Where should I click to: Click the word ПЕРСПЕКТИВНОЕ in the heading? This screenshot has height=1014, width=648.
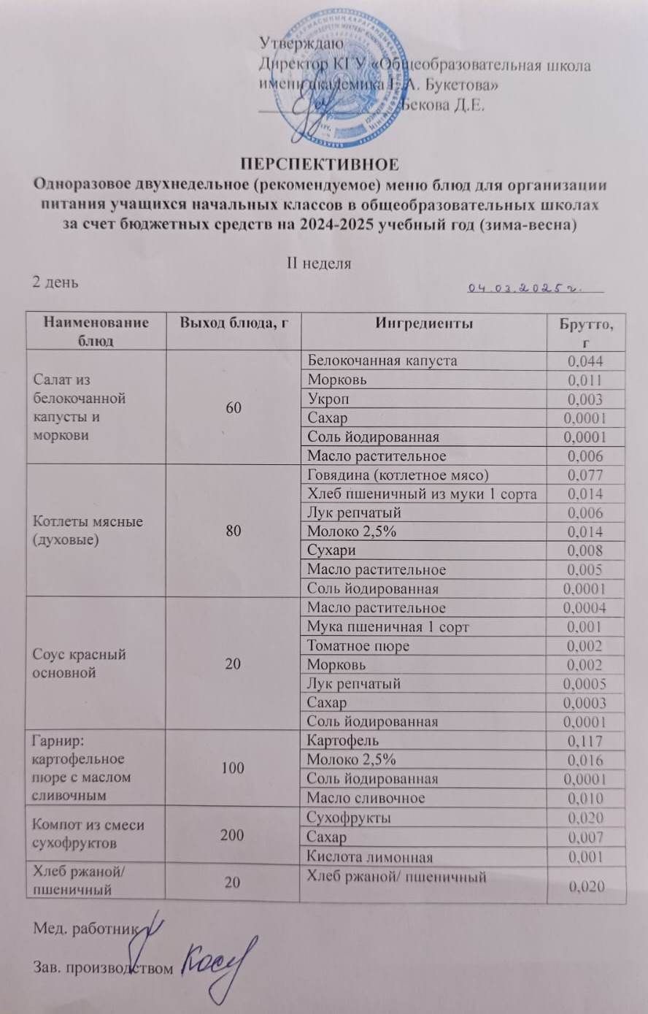click(323, 162)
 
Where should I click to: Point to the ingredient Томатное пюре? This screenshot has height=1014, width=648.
click(358, 646)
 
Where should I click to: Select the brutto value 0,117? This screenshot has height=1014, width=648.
click(585, 741)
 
